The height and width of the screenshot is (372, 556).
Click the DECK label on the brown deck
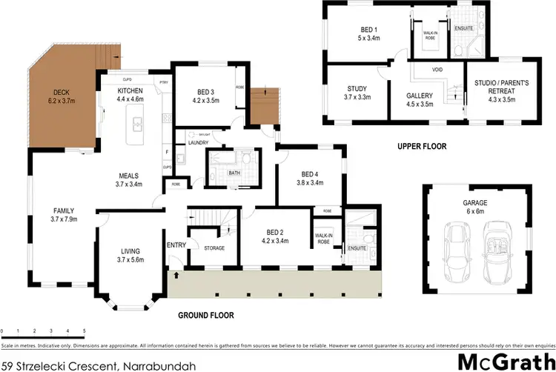pos(62,92)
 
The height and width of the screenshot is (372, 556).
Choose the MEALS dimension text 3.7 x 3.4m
pos(129,185)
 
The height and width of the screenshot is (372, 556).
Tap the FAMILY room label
pos(64,210)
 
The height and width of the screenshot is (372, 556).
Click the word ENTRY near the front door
pos(177,245)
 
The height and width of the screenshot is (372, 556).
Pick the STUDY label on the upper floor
pos(357,88)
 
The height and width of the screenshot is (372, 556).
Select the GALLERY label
pos(420,96)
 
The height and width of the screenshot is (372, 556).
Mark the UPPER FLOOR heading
pos(422,146)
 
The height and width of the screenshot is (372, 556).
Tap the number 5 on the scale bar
pos(84,330)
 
